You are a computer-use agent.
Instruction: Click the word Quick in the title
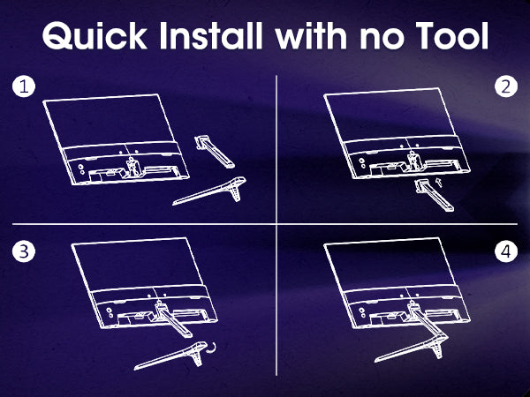(95, 36)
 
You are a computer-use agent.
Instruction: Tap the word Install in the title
(211, 35)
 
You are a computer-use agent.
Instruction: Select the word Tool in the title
(452, 35)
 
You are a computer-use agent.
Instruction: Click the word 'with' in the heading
(311, 35)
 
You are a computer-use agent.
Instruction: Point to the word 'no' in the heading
(382, 40)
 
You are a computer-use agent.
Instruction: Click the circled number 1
(24, 86)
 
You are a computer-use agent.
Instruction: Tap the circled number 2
(506, 86)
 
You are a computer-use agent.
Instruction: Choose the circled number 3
(24, 251)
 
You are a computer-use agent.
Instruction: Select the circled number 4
(506, 251)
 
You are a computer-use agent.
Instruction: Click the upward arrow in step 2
(439, 182)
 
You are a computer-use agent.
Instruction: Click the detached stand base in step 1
(209, 191)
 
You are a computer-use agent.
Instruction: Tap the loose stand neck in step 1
(215, 152)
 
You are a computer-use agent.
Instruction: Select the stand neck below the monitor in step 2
(435, 195)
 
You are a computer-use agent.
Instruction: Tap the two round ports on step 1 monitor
(81, 169)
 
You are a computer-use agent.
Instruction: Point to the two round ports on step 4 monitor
(362, 312)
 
